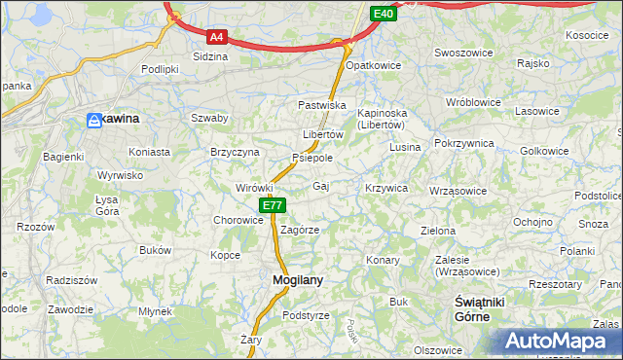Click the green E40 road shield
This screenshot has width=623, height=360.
(x=384, y=14)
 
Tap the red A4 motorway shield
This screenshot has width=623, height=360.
(x=217, y=37)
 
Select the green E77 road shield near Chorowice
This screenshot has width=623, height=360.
(x=273, y=205)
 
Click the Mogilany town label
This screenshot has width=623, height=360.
(x=291, y=280)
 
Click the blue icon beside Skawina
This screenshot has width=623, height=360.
(x=94, y=120)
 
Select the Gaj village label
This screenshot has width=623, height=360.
(x=320, y=186)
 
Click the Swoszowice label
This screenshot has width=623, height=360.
(x=461, y=53)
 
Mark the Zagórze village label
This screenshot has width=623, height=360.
(x=300, y=231)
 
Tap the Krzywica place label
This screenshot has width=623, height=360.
(x=386, y=188)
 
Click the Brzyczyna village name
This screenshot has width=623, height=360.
(x=236, y=153)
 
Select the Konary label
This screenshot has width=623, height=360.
(x=383, y=260)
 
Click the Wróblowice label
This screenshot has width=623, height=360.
(x=472, y=102)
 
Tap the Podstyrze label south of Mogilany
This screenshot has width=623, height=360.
(x=306, y=316)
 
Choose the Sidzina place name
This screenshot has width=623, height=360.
(x=210, y=56)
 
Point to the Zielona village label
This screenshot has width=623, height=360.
(x=437, y=232)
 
